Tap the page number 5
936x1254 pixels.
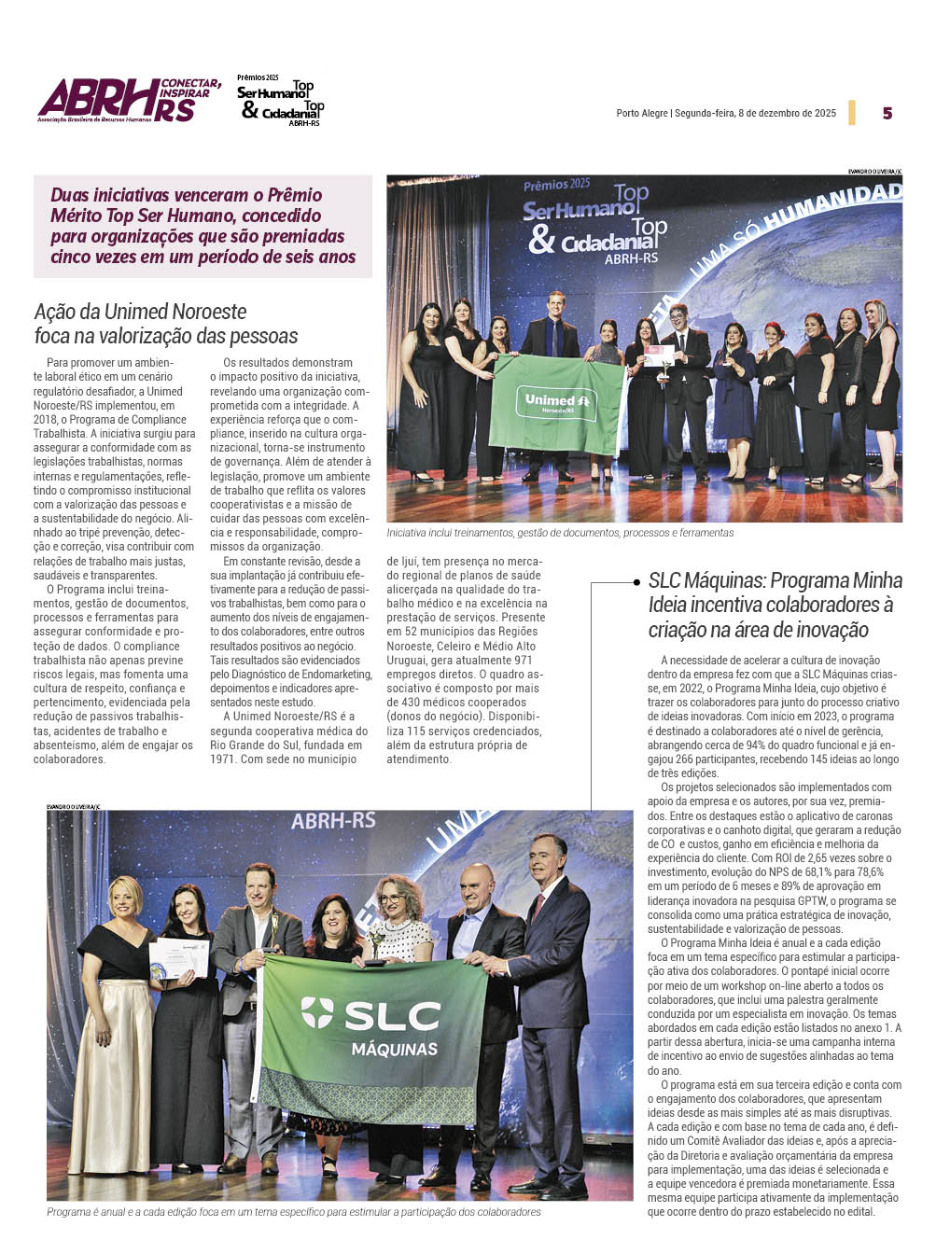click(x=887, y=113)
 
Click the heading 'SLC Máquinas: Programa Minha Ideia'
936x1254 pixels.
click(x=775, y=605)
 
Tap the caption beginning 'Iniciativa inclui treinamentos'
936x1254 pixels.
click(x=560, y=533)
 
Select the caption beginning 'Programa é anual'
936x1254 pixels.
click(x=293, y=1212)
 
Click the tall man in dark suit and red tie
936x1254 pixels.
click(x=554, y=1008)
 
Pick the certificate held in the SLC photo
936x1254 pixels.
click(x=180, y=957)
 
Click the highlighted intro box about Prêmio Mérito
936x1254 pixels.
click(x=203, y=226)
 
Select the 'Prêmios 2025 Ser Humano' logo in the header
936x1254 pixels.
click(x=280, y=101)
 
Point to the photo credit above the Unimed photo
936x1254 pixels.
click(x=874, y=171)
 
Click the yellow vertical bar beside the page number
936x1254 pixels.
click(x=852, y=112)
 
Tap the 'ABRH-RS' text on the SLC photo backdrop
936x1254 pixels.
click(x=333, y=821)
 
